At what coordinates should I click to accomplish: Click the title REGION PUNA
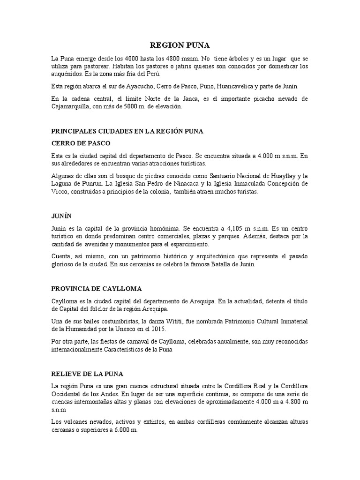(x=180, y=45)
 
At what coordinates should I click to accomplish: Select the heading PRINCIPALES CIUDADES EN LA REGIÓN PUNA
(x=127, y=131)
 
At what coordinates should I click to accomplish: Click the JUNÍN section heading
(x=60, y=217)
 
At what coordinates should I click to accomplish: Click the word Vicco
(x=59, y=191)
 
